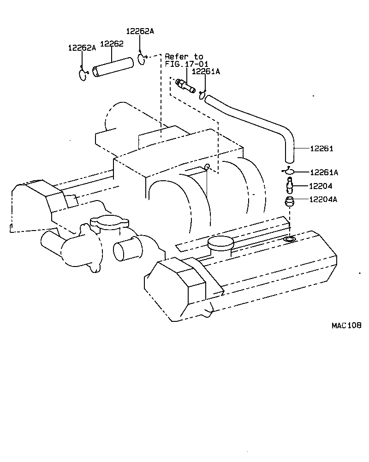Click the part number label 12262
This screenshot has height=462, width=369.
pos(112,44)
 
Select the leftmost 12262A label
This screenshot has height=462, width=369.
pos(82,47)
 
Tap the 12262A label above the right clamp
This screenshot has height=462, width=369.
pos(140,31)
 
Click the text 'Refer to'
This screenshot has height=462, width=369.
pos(184,56)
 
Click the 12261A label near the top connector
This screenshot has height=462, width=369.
pos(206,71)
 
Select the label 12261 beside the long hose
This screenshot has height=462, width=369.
pos(321,149)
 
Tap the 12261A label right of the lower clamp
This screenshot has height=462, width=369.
pos(324,172)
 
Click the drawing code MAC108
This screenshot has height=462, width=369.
pos(346,326)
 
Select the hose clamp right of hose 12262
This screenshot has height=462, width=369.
pos(141,59)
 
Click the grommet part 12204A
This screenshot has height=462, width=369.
pos(289,202)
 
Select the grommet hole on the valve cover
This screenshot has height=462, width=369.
pos(289,239)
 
